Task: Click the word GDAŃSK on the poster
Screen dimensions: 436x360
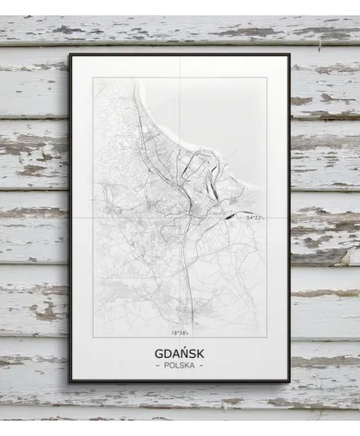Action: coord(180,353)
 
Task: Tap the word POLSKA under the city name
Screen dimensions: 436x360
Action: coord(180,366)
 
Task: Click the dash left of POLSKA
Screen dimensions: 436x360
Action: coord(159,366)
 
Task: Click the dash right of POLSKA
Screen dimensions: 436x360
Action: coord(202,366)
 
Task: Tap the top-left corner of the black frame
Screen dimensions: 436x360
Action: coord(69,54)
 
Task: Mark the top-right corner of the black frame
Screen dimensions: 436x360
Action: coord(290,54)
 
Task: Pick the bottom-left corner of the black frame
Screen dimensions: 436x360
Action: coord(70,381)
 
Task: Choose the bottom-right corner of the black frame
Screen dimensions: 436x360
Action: coord(290,381)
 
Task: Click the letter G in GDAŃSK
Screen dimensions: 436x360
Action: coord(158,353)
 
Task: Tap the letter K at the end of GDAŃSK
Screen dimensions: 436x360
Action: coord(202,353)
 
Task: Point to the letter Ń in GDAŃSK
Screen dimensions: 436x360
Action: coord(184,353)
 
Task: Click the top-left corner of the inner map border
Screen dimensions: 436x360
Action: coord(94,77)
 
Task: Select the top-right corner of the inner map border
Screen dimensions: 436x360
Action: coord(266,77)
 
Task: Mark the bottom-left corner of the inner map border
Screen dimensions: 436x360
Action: coord(94,337)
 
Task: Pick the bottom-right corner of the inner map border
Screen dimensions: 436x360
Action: coord(266,337)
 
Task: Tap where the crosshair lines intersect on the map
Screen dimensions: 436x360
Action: coord(179,217)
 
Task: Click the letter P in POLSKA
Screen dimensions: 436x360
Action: coord(166,366)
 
